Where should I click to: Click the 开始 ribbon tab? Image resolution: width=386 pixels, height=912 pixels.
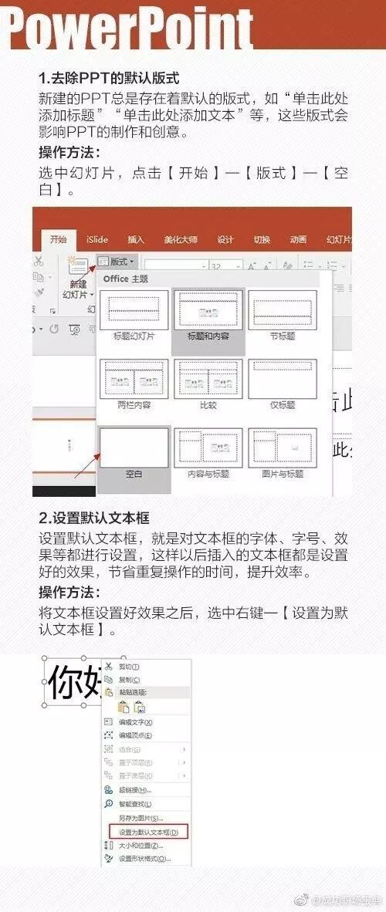[58, 239]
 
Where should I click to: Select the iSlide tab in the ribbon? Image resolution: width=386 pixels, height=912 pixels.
[97, 239]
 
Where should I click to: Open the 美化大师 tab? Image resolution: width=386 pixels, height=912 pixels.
[180, 239]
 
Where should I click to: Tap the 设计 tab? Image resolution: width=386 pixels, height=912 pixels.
[225, 239]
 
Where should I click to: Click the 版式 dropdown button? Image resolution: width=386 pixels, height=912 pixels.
[117, 262]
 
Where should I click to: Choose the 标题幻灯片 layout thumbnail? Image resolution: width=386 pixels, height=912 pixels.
[133, 311]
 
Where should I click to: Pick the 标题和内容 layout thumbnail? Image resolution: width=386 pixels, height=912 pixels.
[208, 311]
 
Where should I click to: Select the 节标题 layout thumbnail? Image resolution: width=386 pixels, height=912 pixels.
[283, 311]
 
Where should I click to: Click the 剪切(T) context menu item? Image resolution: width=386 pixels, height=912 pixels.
[129, 666]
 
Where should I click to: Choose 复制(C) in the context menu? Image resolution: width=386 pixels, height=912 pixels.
[129, 679]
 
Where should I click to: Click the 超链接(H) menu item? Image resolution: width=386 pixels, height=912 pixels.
[134, 789]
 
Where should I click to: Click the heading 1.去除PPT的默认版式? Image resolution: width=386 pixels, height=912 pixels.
[109, 79]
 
